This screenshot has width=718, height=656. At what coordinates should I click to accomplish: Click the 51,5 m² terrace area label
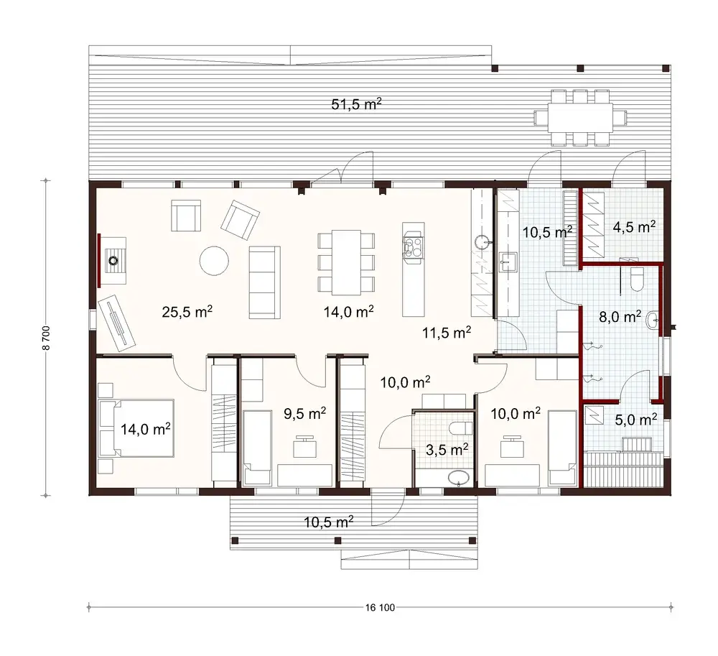pyautogui.click(x=356, y=105)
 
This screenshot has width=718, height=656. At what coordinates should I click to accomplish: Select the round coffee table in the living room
pyautogui.click(x=213, y=261)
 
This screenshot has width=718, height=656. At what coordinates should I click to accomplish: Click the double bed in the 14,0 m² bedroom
pyautogui.click(x=138, y=429)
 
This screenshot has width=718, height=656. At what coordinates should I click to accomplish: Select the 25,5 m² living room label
pyautogui.click(x=187, y=312)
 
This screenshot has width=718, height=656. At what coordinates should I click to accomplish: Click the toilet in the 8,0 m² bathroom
pyautogui.click(x=635, y=280)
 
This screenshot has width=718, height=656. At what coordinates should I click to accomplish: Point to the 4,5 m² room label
pyautogui.click(x=634, y=228)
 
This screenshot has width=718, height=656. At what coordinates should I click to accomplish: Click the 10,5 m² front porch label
pyautogui.click(x=327, y=522)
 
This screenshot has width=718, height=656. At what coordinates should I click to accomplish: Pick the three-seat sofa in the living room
pyautogui.click(x=264, y=281)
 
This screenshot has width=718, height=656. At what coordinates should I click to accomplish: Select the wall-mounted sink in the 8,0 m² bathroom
pyautogui.click(x=652, y=320)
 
